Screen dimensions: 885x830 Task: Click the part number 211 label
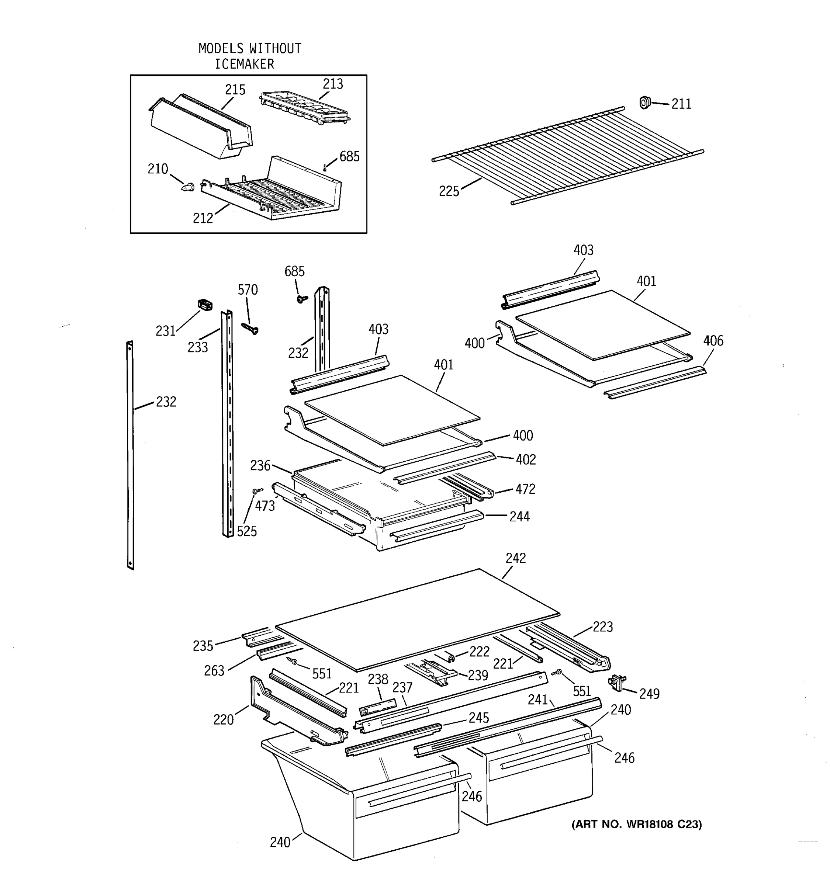point(681,104)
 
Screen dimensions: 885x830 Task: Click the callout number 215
point(235,90)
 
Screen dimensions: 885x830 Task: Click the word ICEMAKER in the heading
point(245,64)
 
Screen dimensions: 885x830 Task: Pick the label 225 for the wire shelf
point(449,191)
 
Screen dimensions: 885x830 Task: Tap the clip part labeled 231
point(205,305)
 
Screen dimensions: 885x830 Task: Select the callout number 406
point(713,341)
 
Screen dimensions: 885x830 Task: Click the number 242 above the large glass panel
point(516,558)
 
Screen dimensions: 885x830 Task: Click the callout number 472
point(525,489)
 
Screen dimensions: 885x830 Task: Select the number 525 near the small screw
point(247,531)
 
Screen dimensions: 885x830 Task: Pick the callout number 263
point(214,671)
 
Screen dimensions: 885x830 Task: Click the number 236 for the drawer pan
point(260,466)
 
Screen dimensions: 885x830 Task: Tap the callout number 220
point(223,719)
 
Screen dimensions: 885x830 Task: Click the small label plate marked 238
point(378,707)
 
